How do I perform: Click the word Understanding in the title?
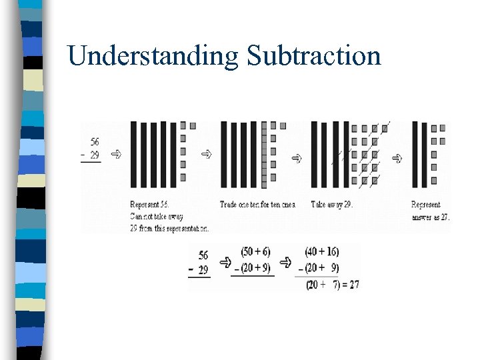[153, 55]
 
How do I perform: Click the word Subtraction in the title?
[313, 55]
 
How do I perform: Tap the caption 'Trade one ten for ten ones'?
[257, 205]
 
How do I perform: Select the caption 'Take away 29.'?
[331, 205]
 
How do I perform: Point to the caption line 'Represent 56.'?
[153, 205]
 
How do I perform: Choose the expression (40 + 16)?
[322, 251]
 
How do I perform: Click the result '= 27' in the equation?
[348, 284]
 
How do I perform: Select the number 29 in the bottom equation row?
[203, 269]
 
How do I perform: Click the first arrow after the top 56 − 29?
[116, 154]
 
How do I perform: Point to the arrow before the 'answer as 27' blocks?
[398, 158]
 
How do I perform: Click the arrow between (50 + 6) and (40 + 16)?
[287, 261]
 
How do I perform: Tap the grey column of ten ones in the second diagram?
[265, 154]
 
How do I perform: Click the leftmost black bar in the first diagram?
[133, 154]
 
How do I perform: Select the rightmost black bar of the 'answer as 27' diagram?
[424, 154]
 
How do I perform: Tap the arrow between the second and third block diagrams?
[296, 159]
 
